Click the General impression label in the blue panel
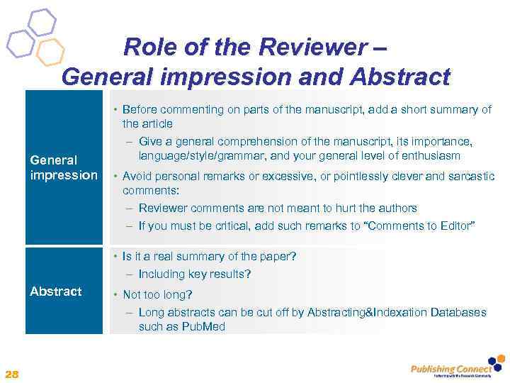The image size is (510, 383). (63, 167)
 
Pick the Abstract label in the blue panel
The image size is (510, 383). (55, 292)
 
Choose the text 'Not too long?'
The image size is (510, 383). (158, 294)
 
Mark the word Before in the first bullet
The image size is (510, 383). (140, 110)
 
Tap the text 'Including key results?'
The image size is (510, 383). (195, 274)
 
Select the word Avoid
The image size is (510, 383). (137, 176)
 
